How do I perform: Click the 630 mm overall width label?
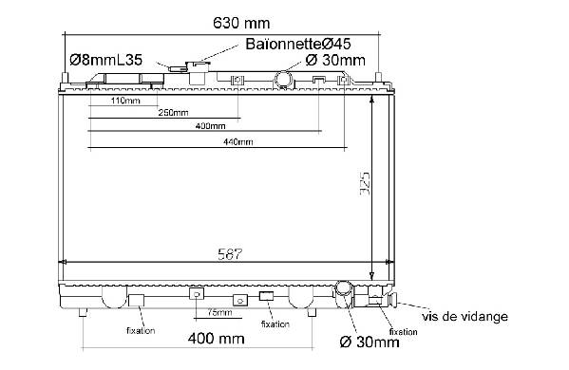tap(241, 23)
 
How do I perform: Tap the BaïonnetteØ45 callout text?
tap(298, 44)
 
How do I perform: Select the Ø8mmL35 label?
tap(106, 60)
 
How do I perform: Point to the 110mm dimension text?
tap(125, 101)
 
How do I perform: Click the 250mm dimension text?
tap(173, 113)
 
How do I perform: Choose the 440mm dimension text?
tap(238, 141)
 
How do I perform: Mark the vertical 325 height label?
tap(365, 183)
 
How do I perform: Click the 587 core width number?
tap(230, 254)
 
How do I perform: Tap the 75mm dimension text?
tap(220, 312)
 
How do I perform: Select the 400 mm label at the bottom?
tap(217, 339)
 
